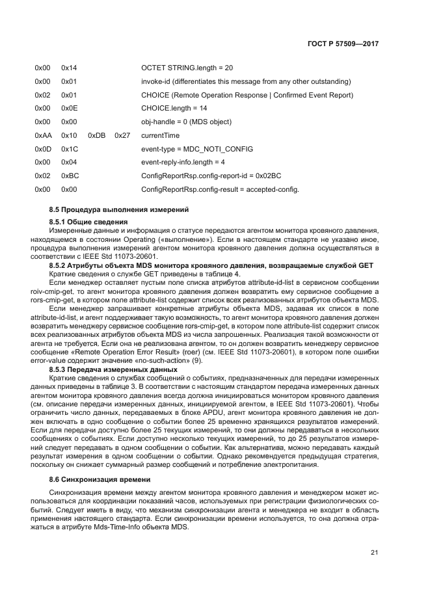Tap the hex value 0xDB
pos(96,135)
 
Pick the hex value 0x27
pos(122,135)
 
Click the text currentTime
pos(160,135)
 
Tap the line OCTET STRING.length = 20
pos(187,68)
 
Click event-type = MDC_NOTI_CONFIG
pos(196,149)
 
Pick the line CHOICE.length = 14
pos(174,108)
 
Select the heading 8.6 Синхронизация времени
pos(95,479)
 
